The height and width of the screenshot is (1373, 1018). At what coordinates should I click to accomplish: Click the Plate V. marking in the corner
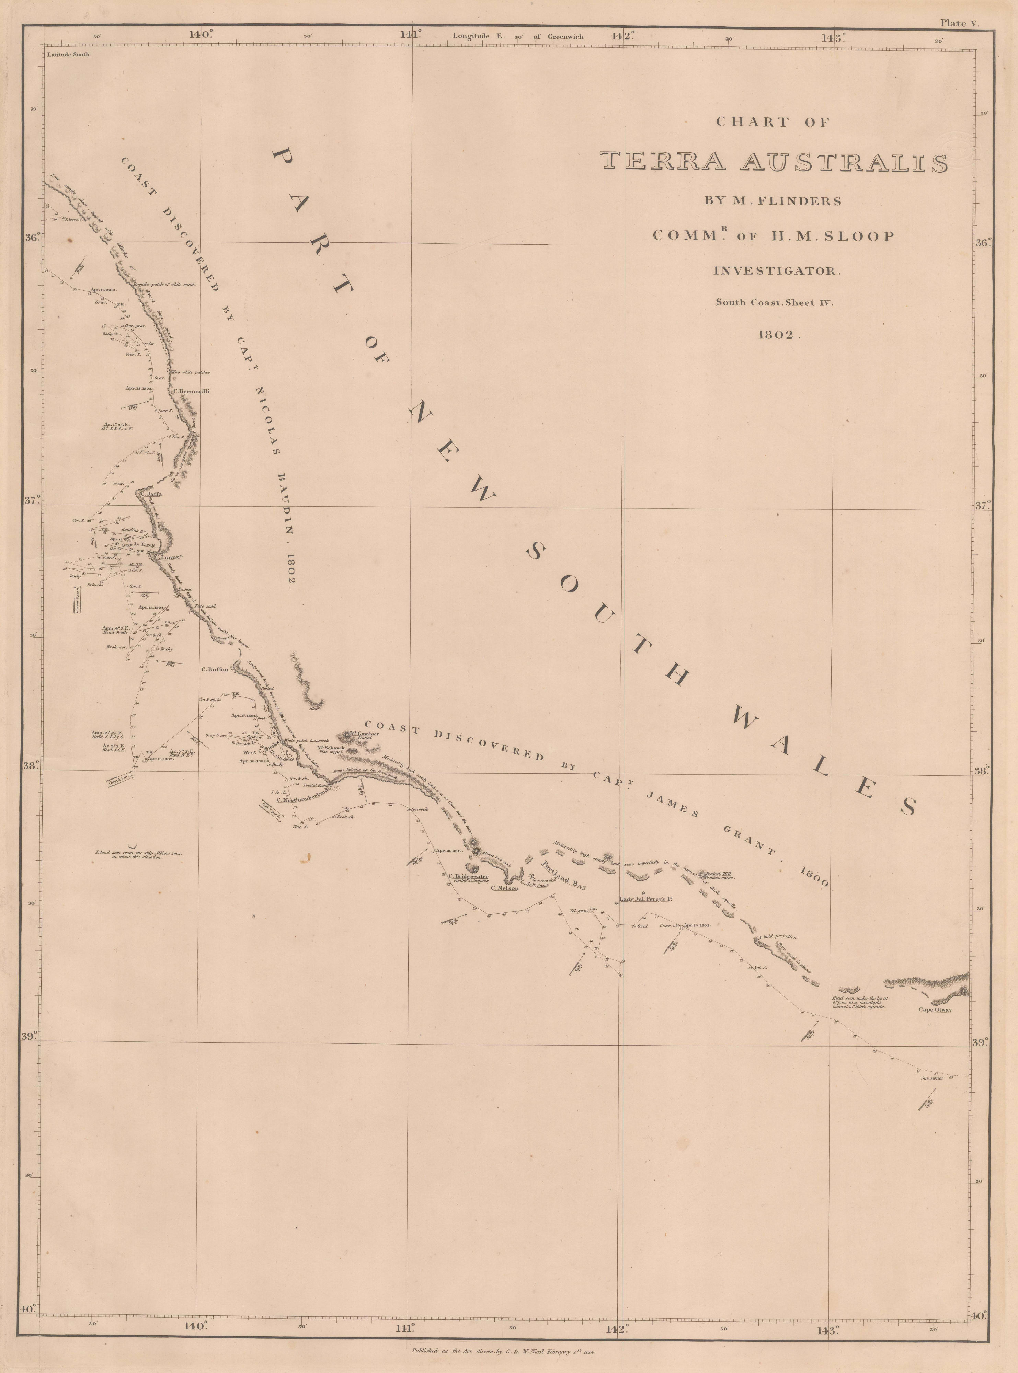959,23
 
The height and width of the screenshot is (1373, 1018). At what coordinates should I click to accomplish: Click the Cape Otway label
935,1009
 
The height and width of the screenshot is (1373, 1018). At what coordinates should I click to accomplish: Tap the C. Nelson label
505,888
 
